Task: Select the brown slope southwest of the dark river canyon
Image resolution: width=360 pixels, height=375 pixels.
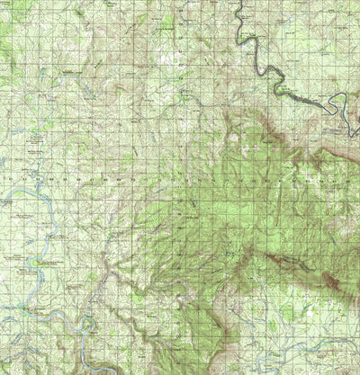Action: pyautogui.click(x=270, y=135)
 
